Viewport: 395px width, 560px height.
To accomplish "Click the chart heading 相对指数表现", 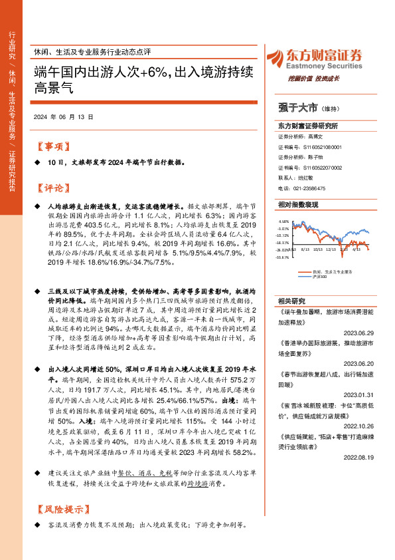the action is click(298, 205).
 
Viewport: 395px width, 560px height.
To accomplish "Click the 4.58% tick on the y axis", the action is click(283, 221).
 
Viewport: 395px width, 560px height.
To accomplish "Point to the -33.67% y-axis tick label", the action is click(283, 257).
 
